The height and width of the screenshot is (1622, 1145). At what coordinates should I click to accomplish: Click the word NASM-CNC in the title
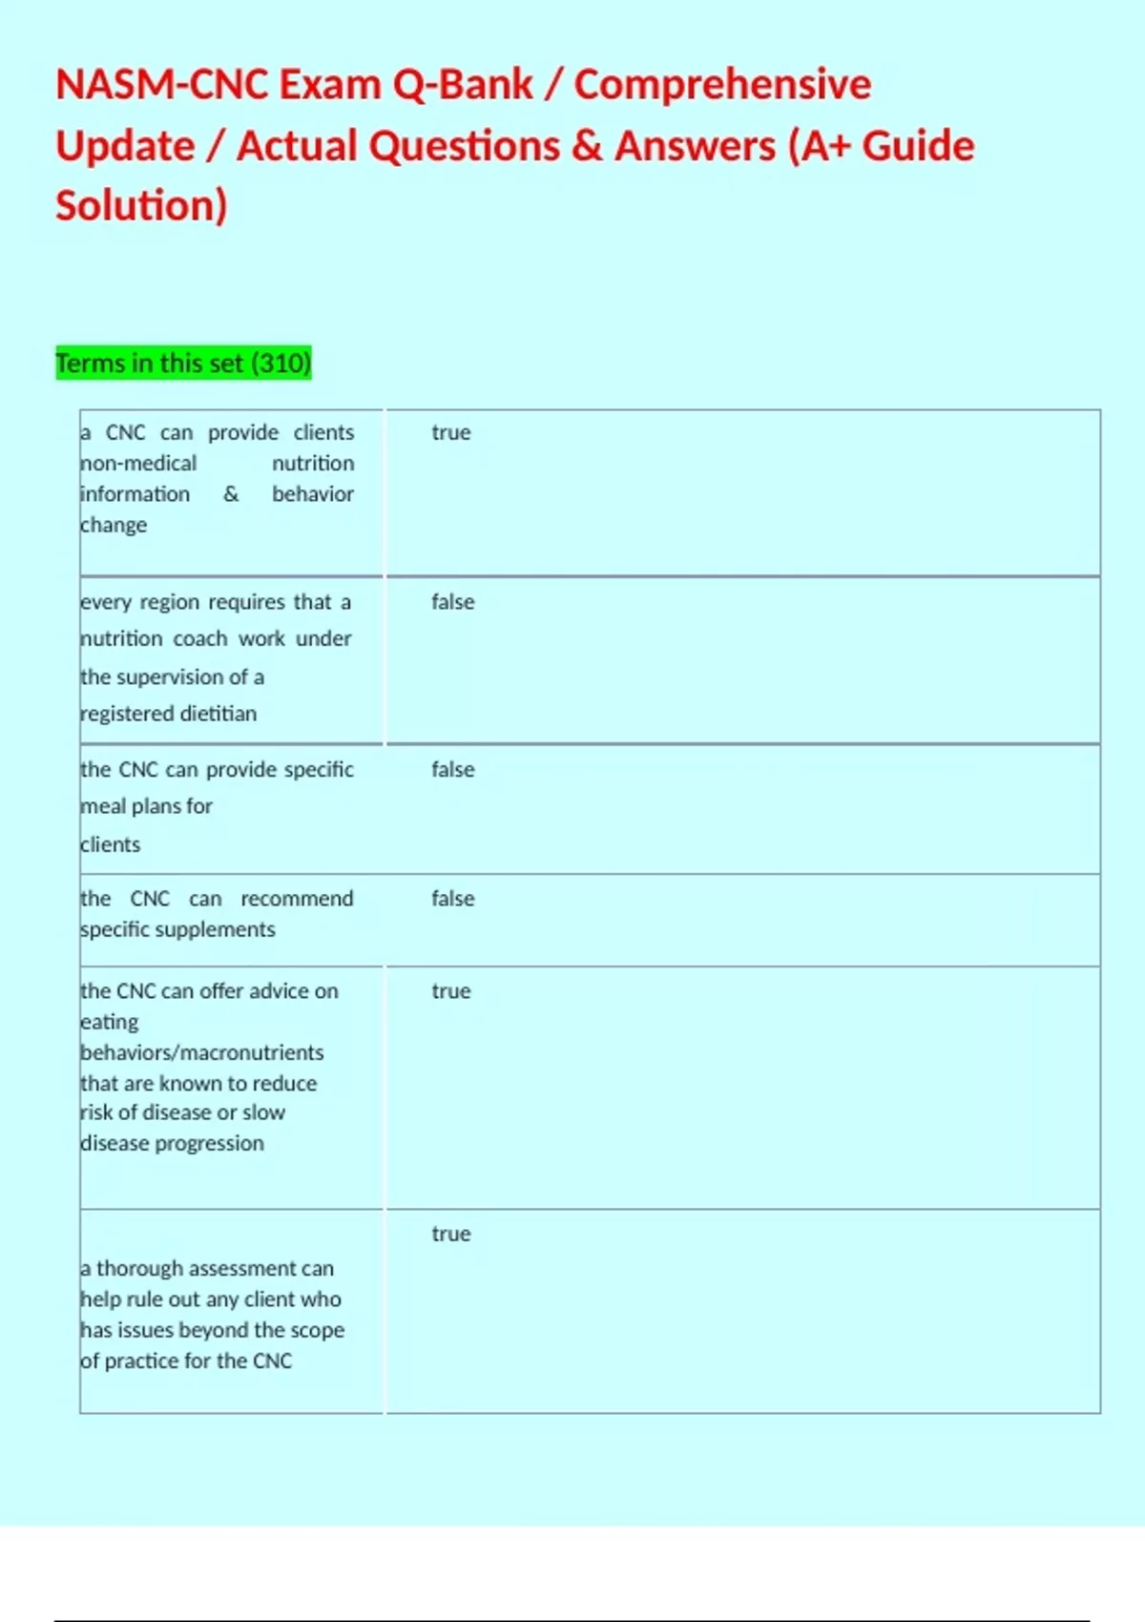pyautogui.click(x=163, y=85)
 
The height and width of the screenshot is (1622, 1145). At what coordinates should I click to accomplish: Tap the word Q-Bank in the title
pyautogui.click(x=463, y=85)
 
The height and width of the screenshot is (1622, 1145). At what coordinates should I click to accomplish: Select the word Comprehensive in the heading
pyautogui.click(x=722, y=85)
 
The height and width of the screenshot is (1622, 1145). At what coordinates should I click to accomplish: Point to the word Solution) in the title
pyautogui.click(x=141, y=206)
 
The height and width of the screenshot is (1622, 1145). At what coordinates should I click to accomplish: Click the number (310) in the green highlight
pyautogui.click(x=281, y=364)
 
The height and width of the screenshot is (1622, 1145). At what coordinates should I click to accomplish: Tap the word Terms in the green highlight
pyautogui.click(x=90, y=364)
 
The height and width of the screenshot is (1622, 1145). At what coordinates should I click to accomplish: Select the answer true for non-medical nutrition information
pyautogui.click(x=450, y=432)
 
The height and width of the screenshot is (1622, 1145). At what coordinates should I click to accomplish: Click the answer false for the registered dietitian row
pyautogui.click(x=452, y=602)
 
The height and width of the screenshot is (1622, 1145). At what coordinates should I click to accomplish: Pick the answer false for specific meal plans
pyautogui.click(x=452, y=769)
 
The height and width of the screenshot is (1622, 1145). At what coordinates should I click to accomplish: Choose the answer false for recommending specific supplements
pyautogui.click(x=452, y=899)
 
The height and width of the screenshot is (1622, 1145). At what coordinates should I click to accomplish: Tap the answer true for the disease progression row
pyautogui.click(x=450, y=991)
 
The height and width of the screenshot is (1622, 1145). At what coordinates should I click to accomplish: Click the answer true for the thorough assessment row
pyautogui.click(x=450, y=1234)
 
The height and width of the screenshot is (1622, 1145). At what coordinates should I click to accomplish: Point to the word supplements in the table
pyautogui.click(x=220, y=929)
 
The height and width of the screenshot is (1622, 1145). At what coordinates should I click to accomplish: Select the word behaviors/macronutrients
pyautogui.click(x=202, y=1052)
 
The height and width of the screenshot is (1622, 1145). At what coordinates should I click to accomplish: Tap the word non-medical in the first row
pyautogui.click(x=138, y=464)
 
